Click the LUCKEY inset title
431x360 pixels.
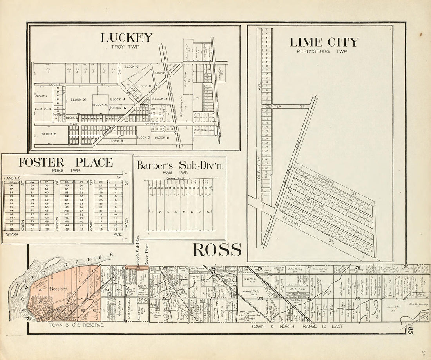pos(126,38)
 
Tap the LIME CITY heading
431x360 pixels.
pos(324,42)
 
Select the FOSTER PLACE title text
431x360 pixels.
pos(65,162)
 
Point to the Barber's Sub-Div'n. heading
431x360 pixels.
pos(180,165)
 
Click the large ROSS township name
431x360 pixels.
pos(217,249)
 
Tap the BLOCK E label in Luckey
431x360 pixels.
pos(49,134)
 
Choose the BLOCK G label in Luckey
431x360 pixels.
pos(131,67)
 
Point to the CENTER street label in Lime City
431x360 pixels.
pos(273,106)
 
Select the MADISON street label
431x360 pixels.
pos(324,182)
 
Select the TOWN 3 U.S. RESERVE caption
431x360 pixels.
pos(76,325)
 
